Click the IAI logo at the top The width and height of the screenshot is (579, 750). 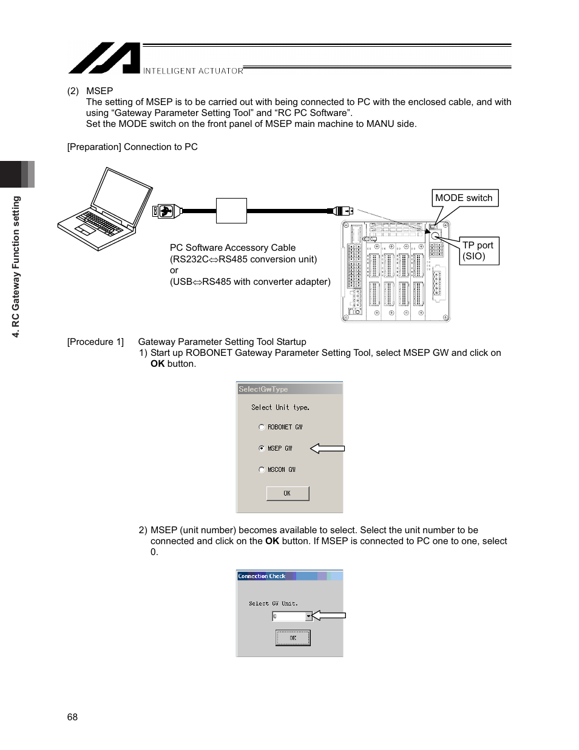[x=104, y=58]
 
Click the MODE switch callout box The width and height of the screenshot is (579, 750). [x=464, y=198]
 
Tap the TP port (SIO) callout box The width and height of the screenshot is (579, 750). [x=479, y=251]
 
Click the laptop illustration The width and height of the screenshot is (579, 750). [x=105, y=210]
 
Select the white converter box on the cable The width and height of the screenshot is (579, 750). [x=231, y=211]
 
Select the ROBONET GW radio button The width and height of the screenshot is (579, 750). [x=262, y=428]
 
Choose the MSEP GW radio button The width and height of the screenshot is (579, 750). [x=262, y=449]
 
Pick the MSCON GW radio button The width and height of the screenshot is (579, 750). [x=262, y=470]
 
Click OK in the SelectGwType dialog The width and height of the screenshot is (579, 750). [x=288, y=494]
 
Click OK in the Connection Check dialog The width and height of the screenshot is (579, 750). [x=293, y=638]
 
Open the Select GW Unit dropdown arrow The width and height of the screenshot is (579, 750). [x=308, y=616]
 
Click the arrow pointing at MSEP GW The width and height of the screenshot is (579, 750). [x=327, y=449]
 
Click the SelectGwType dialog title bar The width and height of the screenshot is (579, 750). [x=289, y=389]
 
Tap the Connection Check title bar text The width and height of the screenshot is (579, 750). [x=262, y=576]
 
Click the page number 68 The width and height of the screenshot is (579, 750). [x=72, y=717]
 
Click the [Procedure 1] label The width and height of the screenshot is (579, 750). [x=95, y=342]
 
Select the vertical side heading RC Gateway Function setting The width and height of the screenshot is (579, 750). [x=16, y=267]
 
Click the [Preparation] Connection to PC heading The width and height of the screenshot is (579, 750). [x=132, y=147]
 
